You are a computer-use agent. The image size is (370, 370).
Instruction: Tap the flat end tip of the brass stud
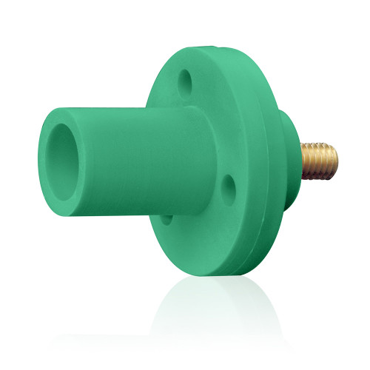pos(336,158)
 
